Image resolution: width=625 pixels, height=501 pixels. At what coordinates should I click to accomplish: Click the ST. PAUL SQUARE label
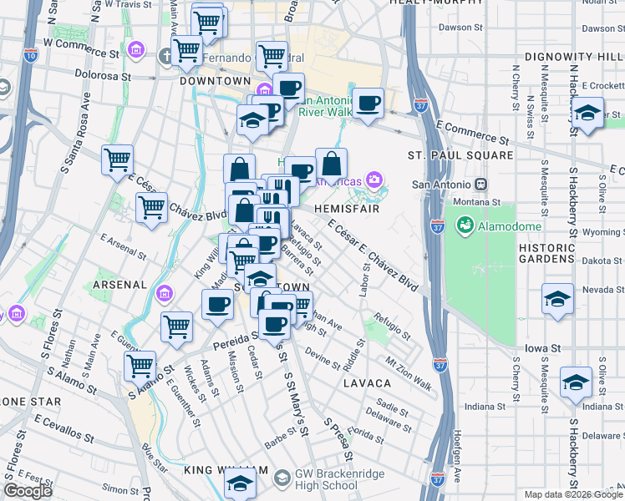click(x=460, y=155)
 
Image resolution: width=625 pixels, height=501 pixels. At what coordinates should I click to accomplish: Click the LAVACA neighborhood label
click(x=367, y=382)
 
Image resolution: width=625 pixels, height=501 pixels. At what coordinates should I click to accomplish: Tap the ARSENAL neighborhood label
click(x=120, y=285)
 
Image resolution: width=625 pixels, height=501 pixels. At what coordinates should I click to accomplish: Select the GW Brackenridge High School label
click(x=326, y=480)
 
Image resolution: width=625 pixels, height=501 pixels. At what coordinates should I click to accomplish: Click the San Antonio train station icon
click(x=480, y=185)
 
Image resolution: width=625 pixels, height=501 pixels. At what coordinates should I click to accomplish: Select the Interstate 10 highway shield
click(x=31, y=56)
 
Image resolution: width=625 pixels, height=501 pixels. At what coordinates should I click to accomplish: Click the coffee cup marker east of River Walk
click(x=368, y=104)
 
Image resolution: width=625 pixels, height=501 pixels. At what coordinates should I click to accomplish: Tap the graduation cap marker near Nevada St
click(x=556, y=299)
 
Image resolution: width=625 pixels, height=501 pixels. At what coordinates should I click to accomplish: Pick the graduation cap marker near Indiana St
click(x=575, y=382)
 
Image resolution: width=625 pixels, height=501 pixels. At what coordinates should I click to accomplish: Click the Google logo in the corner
click(x=28, y=491)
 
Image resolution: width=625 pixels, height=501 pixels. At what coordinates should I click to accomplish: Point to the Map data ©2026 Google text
click(x=572, y=494)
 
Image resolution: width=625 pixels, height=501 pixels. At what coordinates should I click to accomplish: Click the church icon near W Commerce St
click(x=165, y=55)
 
